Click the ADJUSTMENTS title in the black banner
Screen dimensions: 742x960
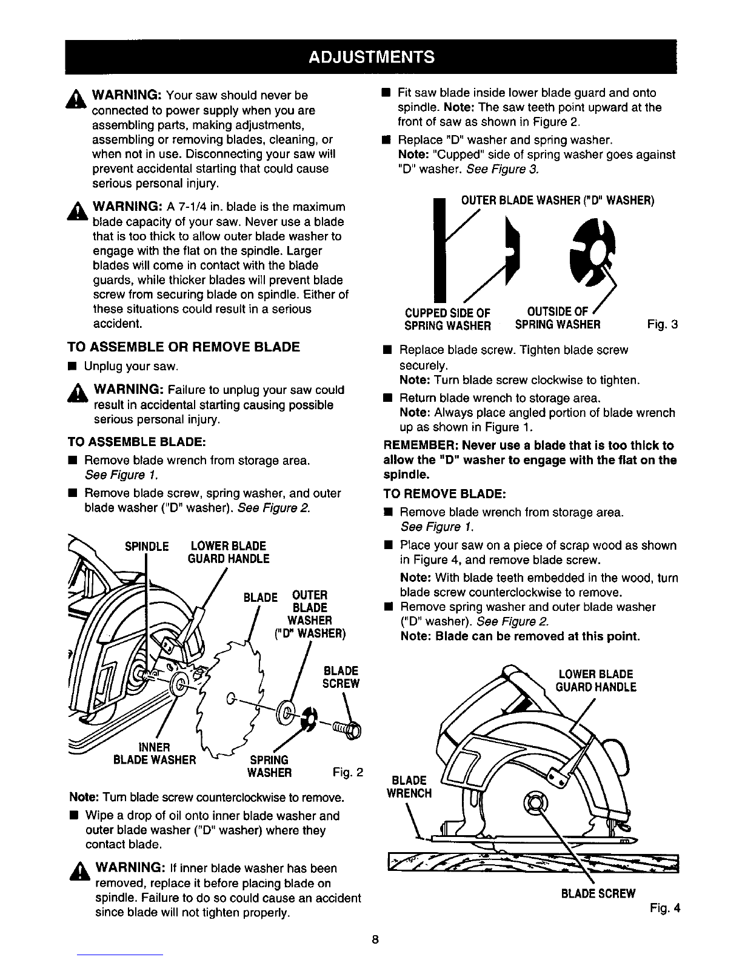(371, 57)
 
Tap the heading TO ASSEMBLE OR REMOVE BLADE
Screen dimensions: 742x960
(184, 347)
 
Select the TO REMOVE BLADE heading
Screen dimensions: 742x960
(444, 493)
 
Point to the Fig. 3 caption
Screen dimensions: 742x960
(663, 325)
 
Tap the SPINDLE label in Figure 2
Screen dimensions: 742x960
(147, 547)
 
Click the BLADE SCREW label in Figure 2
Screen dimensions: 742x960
(341, 677)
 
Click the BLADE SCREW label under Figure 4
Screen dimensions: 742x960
(598, 894)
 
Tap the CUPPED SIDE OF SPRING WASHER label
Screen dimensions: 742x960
(447, 319)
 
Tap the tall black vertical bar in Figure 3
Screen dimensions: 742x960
(440, 250)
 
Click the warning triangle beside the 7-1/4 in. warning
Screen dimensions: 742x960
(78, 211)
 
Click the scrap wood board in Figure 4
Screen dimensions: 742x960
(533, 863)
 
